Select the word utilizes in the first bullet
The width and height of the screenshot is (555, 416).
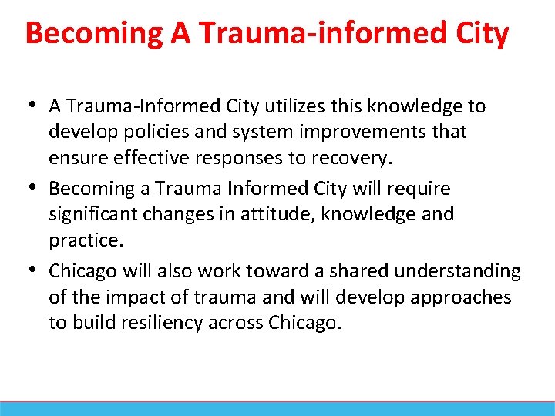[x=294, y=106]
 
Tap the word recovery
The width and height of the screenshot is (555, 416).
[x=353, y=158]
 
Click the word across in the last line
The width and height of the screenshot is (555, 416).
[x=236, y=324]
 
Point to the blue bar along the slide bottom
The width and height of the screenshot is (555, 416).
[x=277, y=409]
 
